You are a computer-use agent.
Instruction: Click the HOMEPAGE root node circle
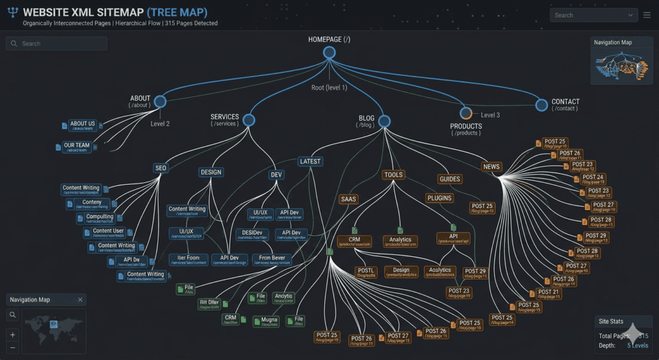329,53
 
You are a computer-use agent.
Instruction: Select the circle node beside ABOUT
160,102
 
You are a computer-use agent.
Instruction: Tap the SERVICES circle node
249,120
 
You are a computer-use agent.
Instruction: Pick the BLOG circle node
385,121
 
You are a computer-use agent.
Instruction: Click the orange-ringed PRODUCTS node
466,113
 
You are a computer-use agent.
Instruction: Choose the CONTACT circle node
541,104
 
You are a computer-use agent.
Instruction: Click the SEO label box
161,168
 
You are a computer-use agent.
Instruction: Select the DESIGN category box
211,172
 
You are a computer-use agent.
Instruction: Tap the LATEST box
310,162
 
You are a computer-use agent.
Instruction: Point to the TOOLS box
393,175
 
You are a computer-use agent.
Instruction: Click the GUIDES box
450,179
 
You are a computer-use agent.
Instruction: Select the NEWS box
491,167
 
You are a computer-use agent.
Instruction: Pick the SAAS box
349,199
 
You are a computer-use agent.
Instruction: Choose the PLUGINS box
440,198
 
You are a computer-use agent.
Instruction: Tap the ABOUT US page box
82,125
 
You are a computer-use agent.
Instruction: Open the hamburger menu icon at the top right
647,15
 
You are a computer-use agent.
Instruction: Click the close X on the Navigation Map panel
80,299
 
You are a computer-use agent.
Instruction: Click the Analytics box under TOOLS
400,242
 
